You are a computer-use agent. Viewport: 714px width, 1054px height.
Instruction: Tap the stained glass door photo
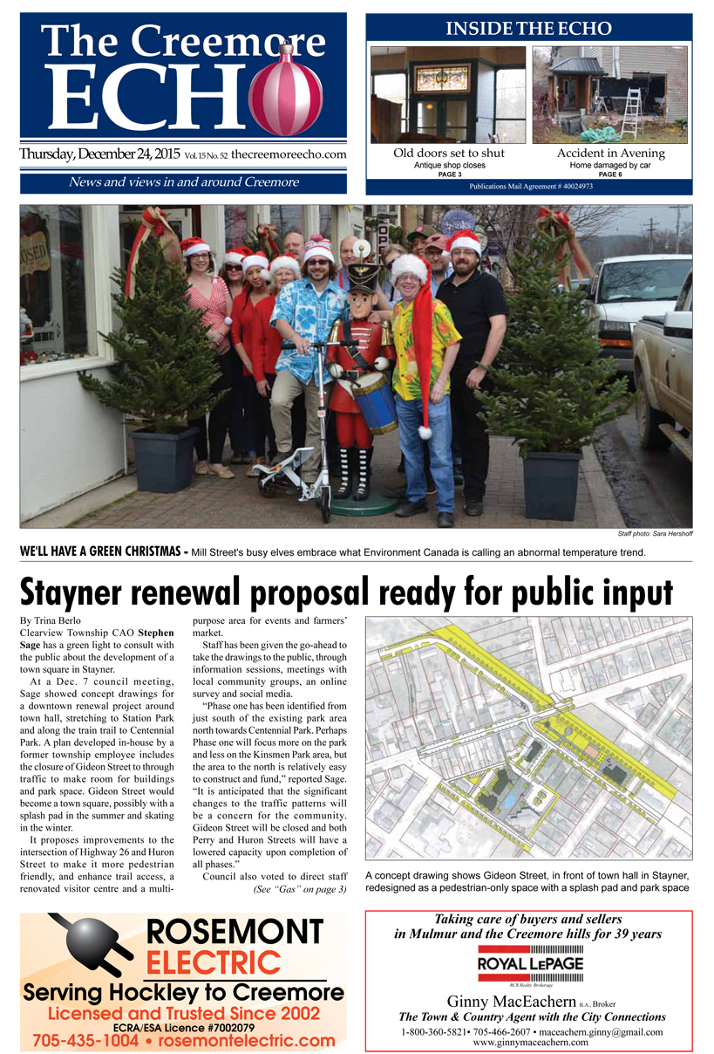click(447, 94)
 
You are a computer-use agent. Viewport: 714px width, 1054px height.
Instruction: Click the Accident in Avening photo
click(609, 94)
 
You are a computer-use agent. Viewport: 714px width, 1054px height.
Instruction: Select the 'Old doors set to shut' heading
click(448, 154)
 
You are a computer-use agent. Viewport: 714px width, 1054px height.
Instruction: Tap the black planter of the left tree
click(164, 457)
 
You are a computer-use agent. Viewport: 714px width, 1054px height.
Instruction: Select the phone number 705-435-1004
click(85, 1041)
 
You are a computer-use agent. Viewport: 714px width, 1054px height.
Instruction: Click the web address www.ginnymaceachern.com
click(528, 1043)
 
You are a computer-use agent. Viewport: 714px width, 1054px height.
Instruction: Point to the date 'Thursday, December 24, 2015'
click(99, 155)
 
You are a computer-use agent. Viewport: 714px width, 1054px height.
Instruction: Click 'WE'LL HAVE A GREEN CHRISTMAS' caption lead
click(100, 552)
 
